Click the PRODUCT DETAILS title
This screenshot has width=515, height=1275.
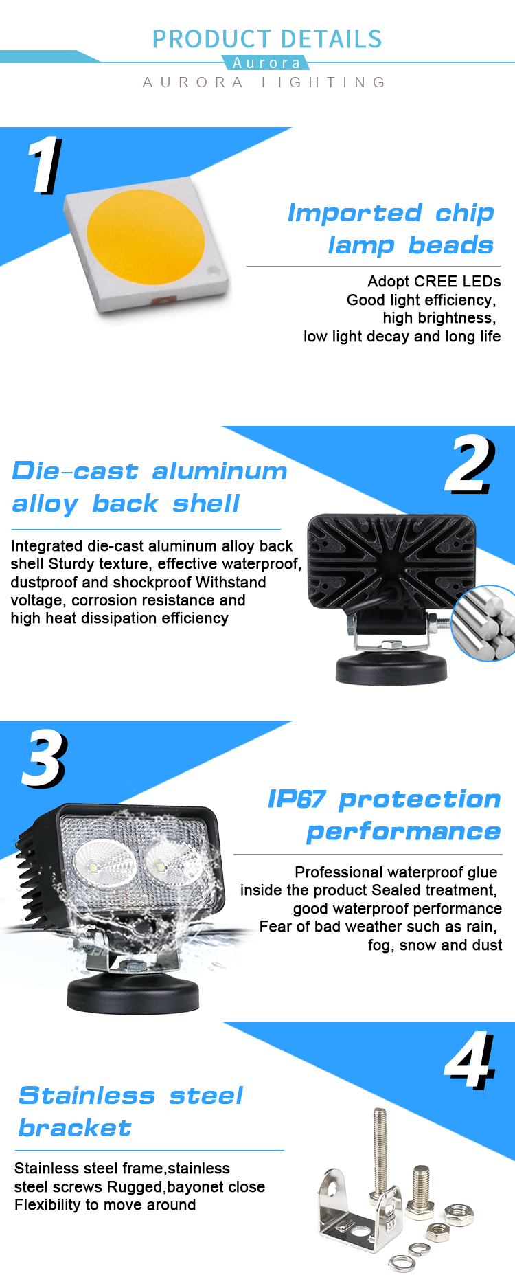click(267, 39)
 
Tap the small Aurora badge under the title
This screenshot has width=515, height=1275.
click(266, 63)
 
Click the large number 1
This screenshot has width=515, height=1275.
click(45, 165)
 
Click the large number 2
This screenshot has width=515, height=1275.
click(470, 465)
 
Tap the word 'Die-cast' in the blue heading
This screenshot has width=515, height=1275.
click(75, 471)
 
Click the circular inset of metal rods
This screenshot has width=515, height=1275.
click(485, 624)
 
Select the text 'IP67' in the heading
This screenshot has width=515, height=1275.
click(297, 800)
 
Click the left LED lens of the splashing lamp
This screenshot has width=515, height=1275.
click(105, 864)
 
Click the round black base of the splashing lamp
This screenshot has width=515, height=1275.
click(133, 993)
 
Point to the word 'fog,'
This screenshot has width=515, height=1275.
click(381, 945)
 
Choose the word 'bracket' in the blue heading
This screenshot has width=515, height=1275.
click(75, 1128)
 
